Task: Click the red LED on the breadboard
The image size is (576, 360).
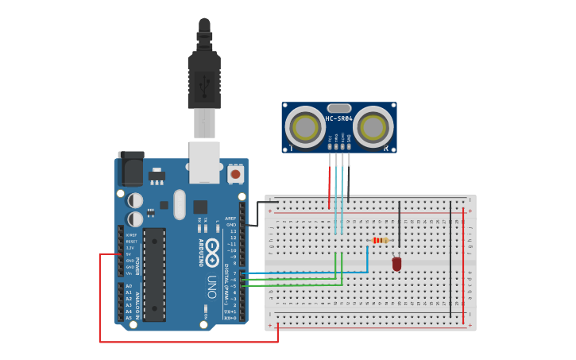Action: [x=396, y=263]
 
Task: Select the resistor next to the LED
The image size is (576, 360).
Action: [x=381, y=241]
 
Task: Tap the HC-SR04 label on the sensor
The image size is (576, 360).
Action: [x=338, y=119]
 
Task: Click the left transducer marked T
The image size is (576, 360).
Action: [x=304, y=127]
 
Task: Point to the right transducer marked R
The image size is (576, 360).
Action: [x=373, y=127]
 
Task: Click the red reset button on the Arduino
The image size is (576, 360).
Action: [x=235, y=173]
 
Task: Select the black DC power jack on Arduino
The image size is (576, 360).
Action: [x=130, y=168]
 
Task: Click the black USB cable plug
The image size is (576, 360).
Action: [x=204, y=79]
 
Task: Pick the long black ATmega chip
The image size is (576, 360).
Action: [x=154, y=275]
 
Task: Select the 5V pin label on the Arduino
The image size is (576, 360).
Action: [x=130, y=254]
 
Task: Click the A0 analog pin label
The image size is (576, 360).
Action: [x=129, y=286]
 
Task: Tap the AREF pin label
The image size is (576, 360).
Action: [x=230, y=219]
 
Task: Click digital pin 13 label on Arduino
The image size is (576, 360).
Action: [x=233, y=231]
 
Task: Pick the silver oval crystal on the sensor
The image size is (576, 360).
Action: [x=338, y=108]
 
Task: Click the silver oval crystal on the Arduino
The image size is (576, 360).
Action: [x=180, y=204]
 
